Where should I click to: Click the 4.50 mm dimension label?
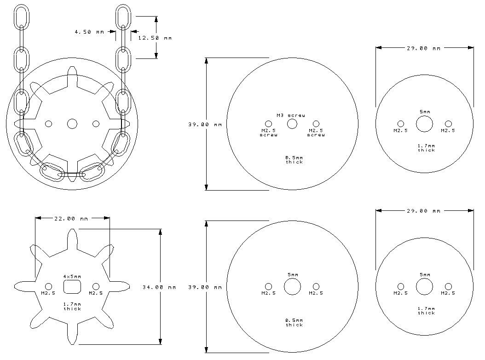[89, 32]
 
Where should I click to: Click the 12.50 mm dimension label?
[155, 38]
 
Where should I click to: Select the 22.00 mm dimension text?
[71, 219]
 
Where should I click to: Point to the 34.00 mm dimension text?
[159, 287]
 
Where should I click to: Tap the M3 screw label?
[291, 116]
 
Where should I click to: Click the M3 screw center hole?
[292, 124]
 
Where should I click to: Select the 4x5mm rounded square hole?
[72, 287]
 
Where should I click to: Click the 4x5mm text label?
[72, 276]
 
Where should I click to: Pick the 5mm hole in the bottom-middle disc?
[292, 286]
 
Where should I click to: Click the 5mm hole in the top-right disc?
[424, 124]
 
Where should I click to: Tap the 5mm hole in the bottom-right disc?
[424, 286]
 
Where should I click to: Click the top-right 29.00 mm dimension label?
[423, 48]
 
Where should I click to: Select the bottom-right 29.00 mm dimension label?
[423, 211]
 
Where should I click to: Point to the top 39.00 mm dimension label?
[205, 124]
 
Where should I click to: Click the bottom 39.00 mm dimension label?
[205, 287]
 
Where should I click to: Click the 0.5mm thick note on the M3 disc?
[294, 160]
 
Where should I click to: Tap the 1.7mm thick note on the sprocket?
[72, 307]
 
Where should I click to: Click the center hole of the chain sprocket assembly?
[72, 124]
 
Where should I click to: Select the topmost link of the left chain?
[21, 17]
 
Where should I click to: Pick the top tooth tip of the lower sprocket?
[72, 229]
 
